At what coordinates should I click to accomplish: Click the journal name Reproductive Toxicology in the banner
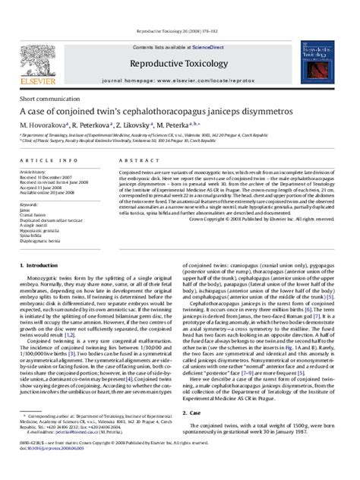(x=179, y=43)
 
